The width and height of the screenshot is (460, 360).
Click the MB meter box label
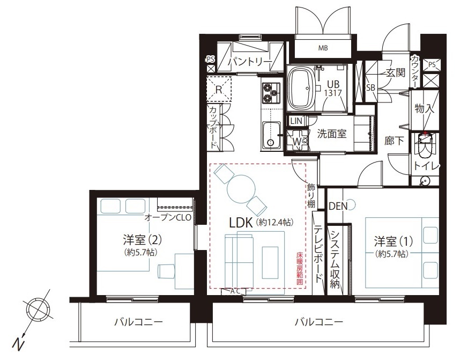(323, 48)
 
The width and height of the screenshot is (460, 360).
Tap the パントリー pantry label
(250, 62)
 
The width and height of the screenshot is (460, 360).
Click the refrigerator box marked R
(219, 89)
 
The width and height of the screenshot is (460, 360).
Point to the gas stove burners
(271, 93)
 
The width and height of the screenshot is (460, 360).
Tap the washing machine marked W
(297, 141)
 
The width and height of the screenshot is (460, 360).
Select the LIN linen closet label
(296, 121)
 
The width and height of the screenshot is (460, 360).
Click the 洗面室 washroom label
(332, 134)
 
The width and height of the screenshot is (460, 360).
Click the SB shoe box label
(370, 87)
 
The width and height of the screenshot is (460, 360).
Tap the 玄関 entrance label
(395, 72)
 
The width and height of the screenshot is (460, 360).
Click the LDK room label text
(241, 223)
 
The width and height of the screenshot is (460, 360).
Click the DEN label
(338, 206)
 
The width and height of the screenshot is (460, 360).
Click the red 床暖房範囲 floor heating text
(299, 268)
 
